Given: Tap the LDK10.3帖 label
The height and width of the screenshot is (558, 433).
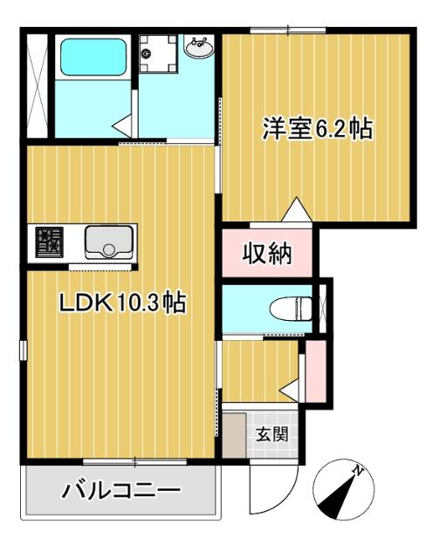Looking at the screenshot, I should pyautogui.click(x=120, y=303).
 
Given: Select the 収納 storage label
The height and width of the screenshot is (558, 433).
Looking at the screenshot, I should pyautogui.click(x=266, y=255).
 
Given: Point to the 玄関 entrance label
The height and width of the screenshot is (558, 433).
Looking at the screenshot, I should pyautogui.click(x=270, y=433).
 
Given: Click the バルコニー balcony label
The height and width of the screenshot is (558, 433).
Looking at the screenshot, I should pyautogui.click(x=120, y=491).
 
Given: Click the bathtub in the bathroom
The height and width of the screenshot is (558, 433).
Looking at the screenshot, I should pyautogui.click(x=92, y=57).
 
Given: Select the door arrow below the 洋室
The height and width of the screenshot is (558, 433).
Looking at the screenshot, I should pyautogui.click(x=297, y=210).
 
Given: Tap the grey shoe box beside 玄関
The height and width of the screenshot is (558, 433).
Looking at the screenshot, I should pyautogui.click(x=233, y=433).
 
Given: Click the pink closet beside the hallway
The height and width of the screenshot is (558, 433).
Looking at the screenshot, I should pyautogui.click(x=314, y=371).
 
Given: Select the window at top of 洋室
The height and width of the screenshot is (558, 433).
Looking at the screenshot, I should pyautogui.click(x=287, y=31).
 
